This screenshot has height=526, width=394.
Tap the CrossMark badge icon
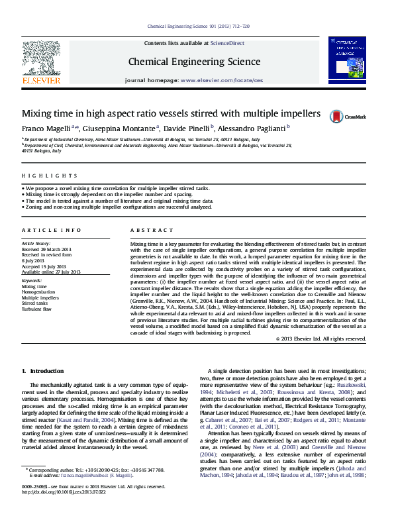pos(338,116)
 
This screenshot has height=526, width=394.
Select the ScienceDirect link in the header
pos(227,43)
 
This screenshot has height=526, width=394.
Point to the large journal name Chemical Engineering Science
pos(194,62)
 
